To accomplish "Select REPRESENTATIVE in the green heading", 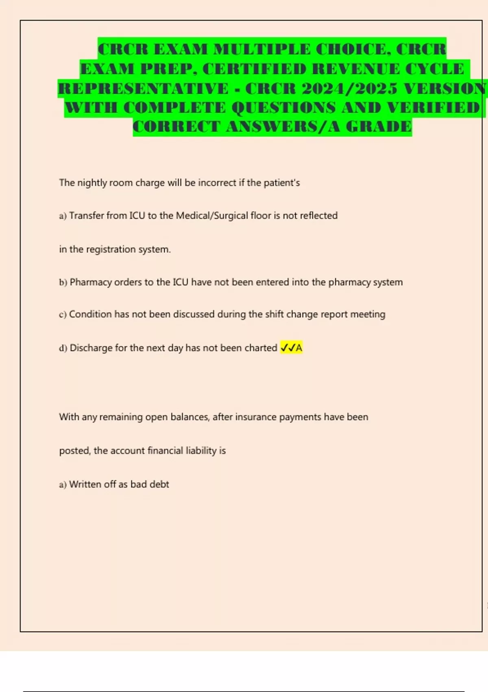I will [143, 88].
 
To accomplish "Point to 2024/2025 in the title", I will [349, 88].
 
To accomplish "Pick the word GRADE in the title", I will [379, 127].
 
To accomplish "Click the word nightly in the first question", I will [92, 183].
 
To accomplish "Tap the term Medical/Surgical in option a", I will [212, 216].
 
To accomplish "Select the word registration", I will [111, 249].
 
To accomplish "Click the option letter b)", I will [63, 282].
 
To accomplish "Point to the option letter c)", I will [63, 315].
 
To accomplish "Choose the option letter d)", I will [63, 348].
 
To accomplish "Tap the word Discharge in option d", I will [91, 348].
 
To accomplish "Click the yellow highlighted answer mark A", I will [299, 348].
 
